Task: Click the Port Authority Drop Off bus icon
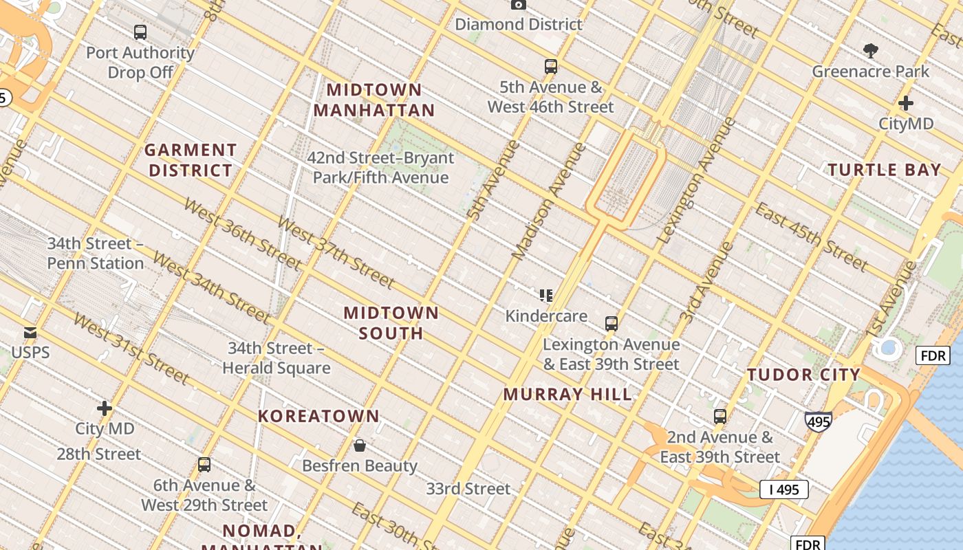click(x=140, y=32)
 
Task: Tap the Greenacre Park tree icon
click(x=870, y=50)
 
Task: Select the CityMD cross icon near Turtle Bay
click(x=905, y=103)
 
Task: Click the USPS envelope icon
click(x=30, y=333)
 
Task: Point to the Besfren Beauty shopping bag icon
click(x=359, y=445)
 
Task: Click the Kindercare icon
click(x=546, y=296)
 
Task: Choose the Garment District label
click(x=191, y=160)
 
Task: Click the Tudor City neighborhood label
click(x=803, y=375)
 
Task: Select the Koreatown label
click(x=318, y=416)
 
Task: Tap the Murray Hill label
click(x=567, y=394)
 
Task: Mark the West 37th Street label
click(x=335, y=252)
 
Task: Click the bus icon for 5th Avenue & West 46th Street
click(x=550, y=67)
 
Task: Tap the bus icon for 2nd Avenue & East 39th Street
click(x=719, y=417)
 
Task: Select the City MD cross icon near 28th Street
click(x=105, y=408)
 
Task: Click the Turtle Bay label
click(x=884, y=170)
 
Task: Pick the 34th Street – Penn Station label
click(x=96, y=254)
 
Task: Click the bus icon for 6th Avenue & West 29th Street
click(x=204, y=465)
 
